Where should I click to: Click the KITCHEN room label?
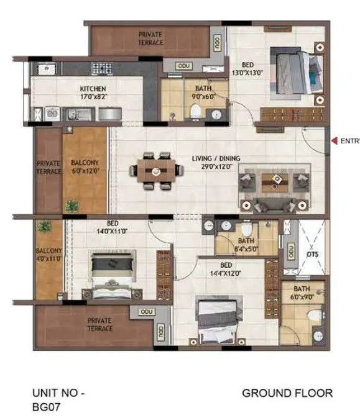pyautogui.click(x=92, y=89)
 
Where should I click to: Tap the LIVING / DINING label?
pyautogui.click(x=216, y=158)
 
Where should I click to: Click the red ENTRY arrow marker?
pyautogui.click(x=335, y=141)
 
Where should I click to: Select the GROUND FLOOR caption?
pyautogui.click(x=287, y=393)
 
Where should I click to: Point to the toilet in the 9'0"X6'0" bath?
pyautogui.click(x=196, y=111)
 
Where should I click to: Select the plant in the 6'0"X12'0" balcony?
pyautogui.click(x=73, y=205)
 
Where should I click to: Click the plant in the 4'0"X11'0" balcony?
pyautogui.click(x=44, y=227)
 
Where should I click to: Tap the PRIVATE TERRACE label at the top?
pyautogui.click(x=150, y=39)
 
